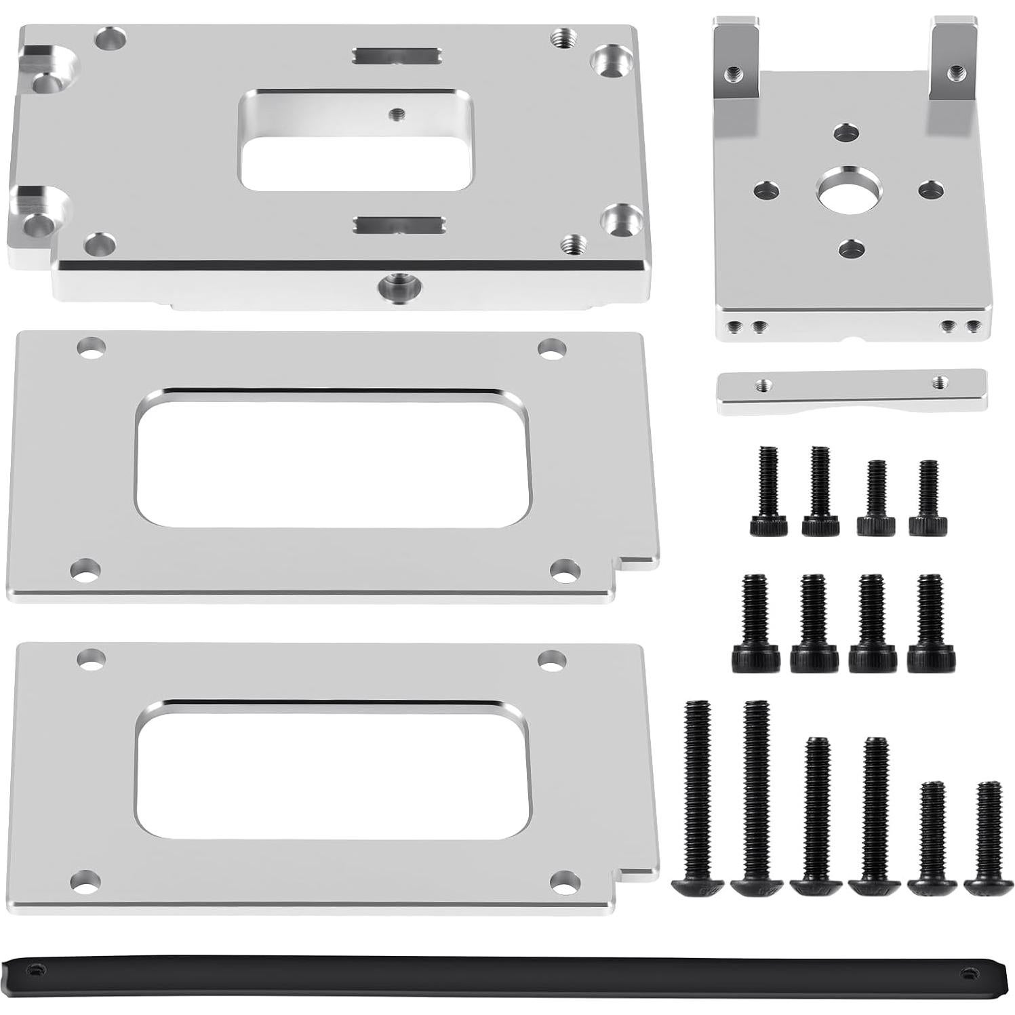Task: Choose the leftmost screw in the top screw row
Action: (x=768, y=492)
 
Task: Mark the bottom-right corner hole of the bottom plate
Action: (x=563, y=881)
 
